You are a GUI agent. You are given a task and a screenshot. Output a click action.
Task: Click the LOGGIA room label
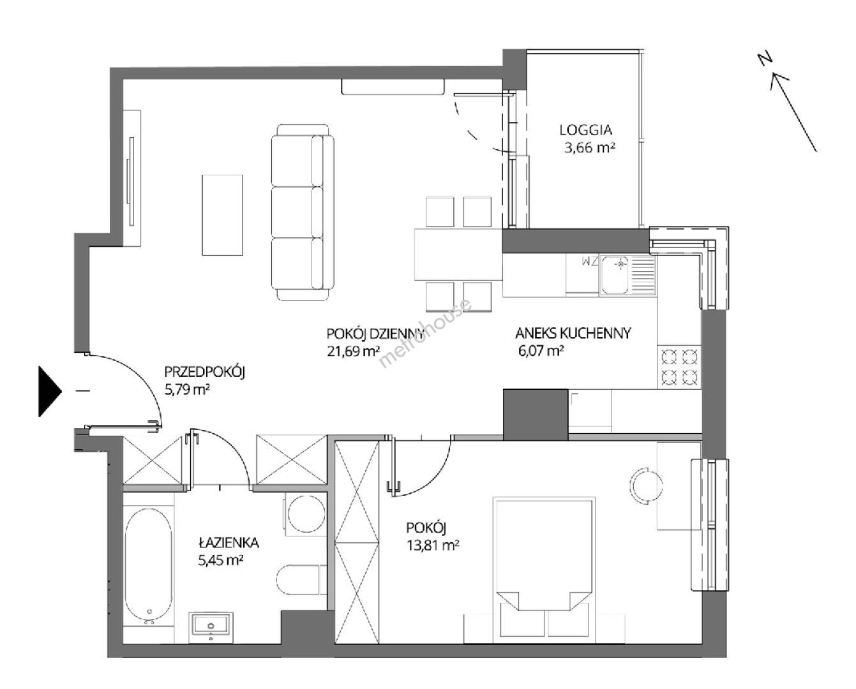click(x=585, y=130)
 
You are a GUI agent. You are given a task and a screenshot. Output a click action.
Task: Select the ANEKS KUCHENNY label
click(x=573, y=333)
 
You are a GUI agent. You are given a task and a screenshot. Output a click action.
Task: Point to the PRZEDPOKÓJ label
click(x=204, y=373)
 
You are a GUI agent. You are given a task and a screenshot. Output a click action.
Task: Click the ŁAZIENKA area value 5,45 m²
click(x=221, y=560)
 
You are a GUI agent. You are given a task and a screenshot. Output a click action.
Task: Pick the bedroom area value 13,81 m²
click(x=433, y=545)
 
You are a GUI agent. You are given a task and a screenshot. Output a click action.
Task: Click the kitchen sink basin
click(x=615, y=275)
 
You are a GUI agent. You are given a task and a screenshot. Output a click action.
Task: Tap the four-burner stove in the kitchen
click(x=679, y=367)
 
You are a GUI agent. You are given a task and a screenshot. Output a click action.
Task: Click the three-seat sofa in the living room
click(x=303, y=212)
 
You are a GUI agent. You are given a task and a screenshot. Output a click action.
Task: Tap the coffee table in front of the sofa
click(x=222, y=215)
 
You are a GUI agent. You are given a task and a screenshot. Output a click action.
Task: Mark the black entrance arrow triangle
click(x=50, y=391)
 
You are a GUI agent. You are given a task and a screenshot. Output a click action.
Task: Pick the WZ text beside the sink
click(x=589, y=262)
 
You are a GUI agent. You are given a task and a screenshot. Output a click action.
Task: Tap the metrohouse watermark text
click(x=425, y=333)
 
